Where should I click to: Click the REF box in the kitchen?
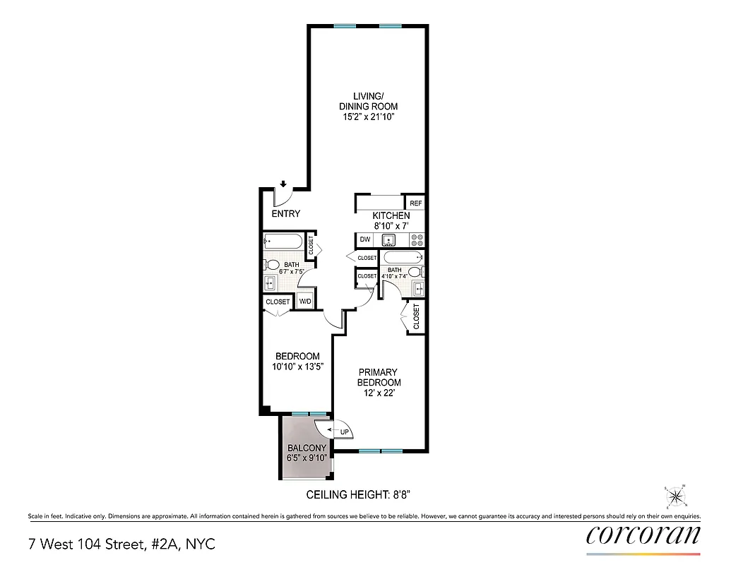pyautogui.click(x=416, y=203)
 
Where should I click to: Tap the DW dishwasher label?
pyautogui.click(x=365, y=239)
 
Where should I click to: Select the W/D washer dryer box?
pyautogui.click(x=305, y=302)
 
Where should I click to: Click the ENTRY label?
pyautogui.click(x=286, y=214)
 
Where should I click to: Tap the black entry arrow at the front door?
pyautogui.click(x=283, y=184)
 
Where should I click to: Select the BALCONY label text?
pyautogui.click(x=307, y=448)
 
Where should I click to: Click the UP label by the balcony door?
pyautogui.click(x=345, y=432)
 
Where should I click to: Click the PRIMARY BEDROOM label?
pyautogui.click(x=378, y=377)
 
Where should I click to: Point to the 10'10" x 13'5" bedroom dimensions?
pyautogui.click(x=297, y=367)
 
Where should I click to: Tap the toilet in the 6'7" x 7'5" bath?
pyautogui.click(x=272, y=265)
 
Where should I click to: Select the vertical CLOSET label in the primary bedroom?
pyautogui.click(x=416, y=316)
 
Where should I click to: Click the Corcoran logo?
pyautogui.click(x=643, y=535)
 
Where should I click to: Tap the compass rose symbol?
pyautogui.click(x=676, y=497)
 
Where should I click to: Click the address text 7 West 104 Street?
pyautogui.click(x=121, y=545)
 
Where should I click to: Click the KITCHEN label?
pyautogui.click(x=391, y=215)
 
